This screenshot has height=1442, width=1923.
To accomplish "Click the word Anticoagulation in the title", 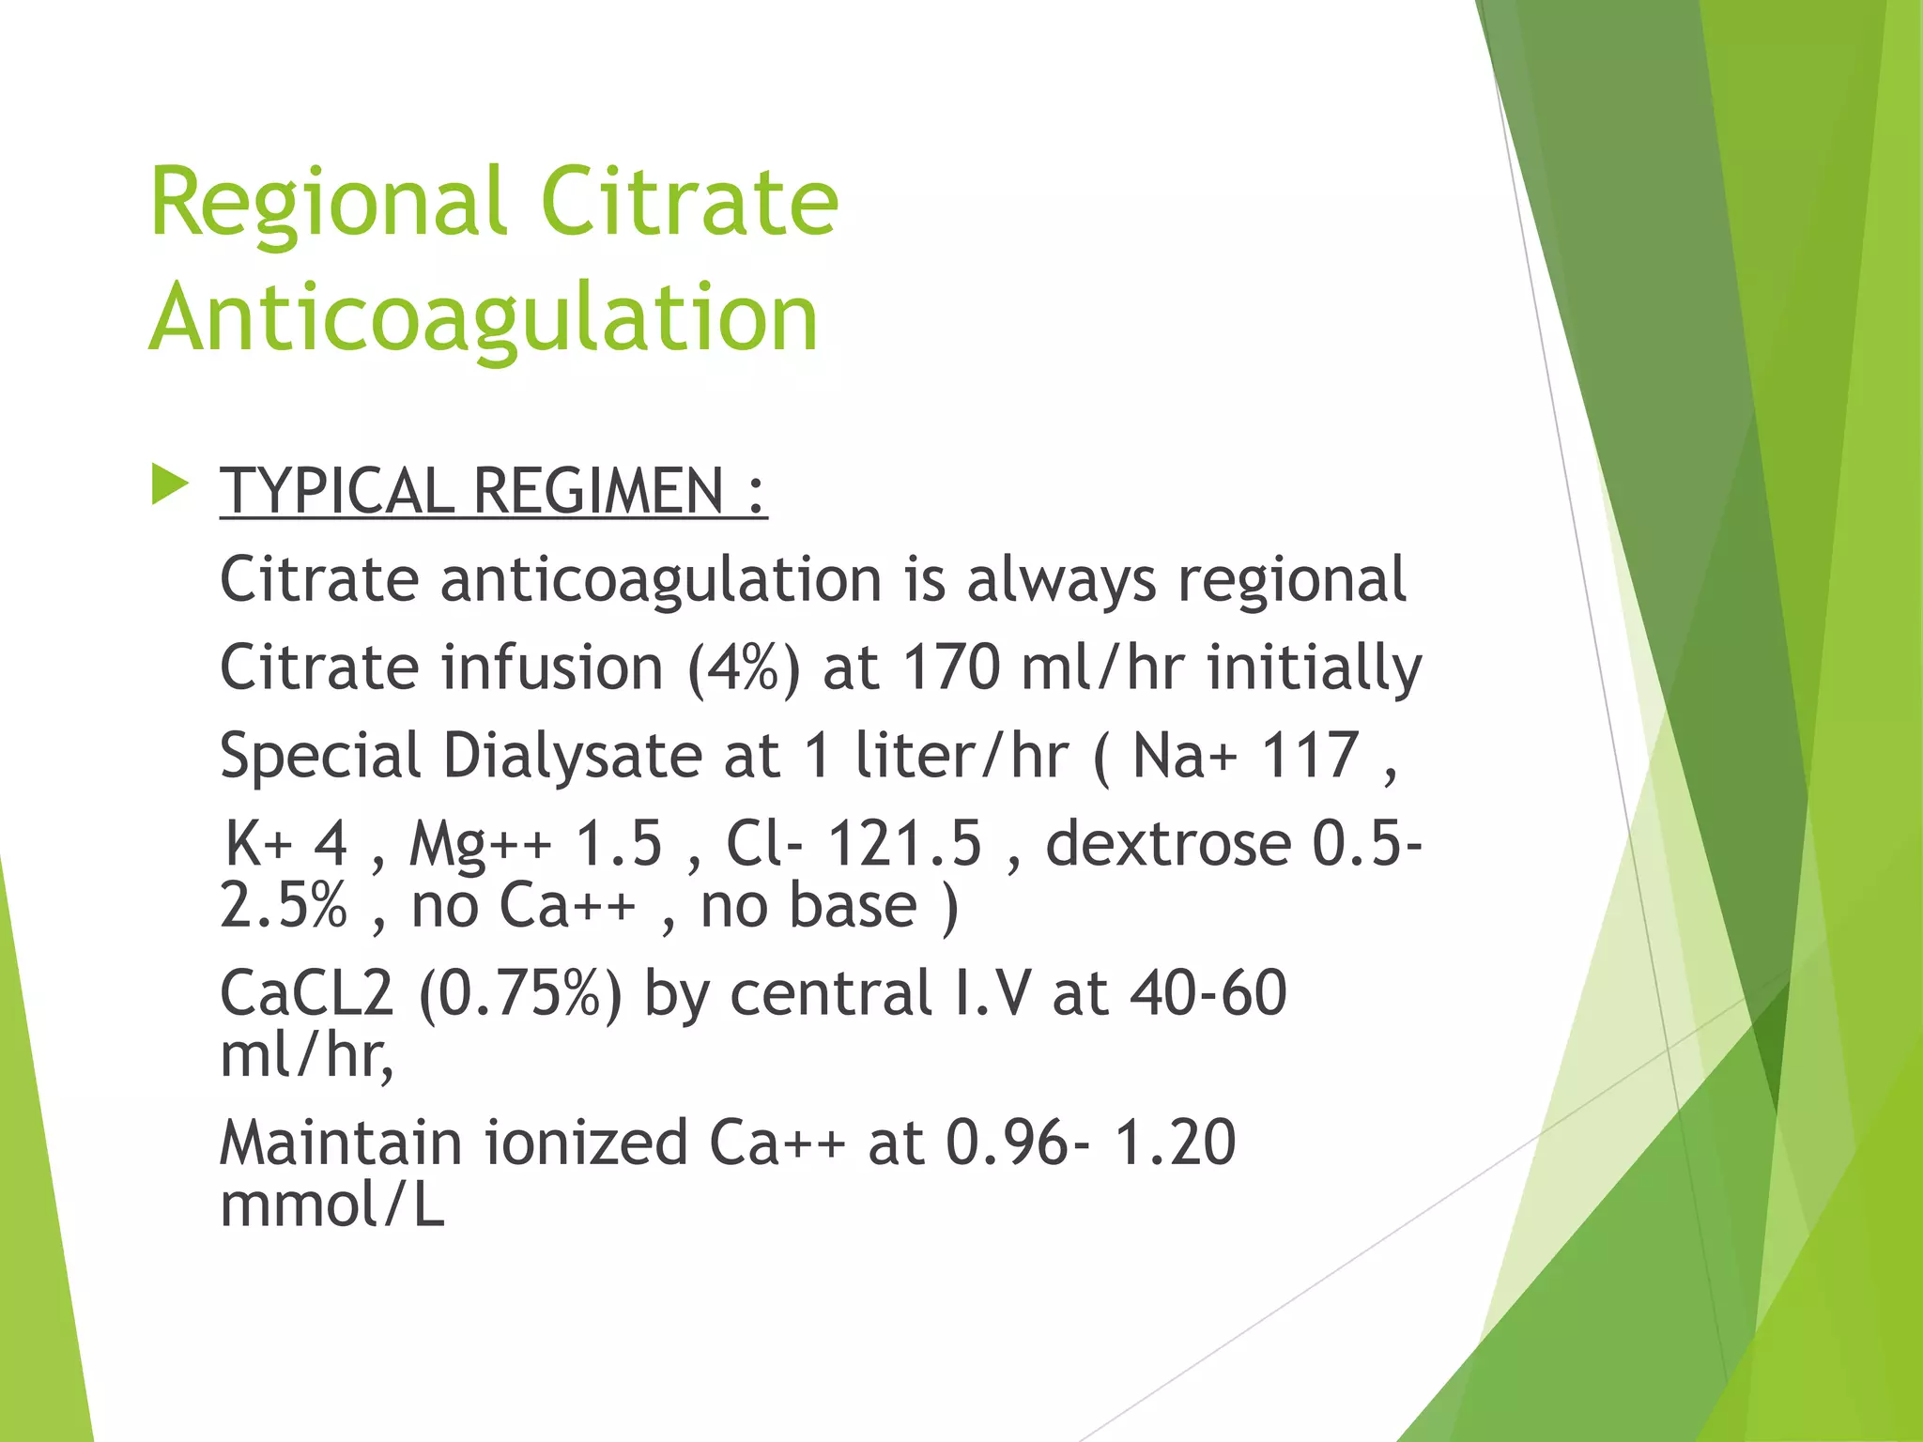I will [x=484, y=319].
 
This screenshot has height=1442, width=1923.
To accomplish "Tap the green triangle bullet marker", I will [x=169, y=485].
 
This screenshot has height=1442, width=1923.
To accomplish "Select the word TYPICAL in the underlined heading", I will [x=337, y=491].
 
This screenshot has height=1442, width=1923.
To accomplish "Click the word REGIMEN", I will [x=597, y=491].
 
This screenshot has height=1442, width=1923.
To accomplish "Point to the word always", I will [x=1061, y=580].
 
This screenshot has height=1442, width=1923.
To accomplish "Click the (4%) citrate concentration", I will [x=745, y=668].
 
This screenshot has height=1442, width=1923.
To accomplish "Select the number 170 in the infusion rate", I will [x=951, y=668].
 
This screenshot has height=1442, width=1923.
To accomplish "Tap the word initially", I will [x=1314, y=668].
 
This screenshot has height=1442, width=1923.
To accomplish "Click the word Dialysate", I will [x=572, y=756].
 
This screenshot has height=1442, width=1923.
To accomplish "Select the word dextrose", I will [x=1167, y=843].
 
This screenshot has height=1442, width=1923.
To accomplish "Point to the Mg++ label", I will [x=480, y=843].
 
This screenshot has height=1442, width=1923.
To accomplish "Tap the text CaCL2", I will [x=306, y=993].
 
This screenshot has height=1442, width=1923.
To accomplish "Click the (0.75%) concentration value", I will [x=520, y=993].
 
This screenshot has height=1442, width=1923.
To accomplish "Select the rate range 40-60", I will [x=1208, y=993].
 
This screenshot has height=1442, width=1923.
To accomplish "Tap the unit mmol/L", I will [x=331, y=1205].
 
